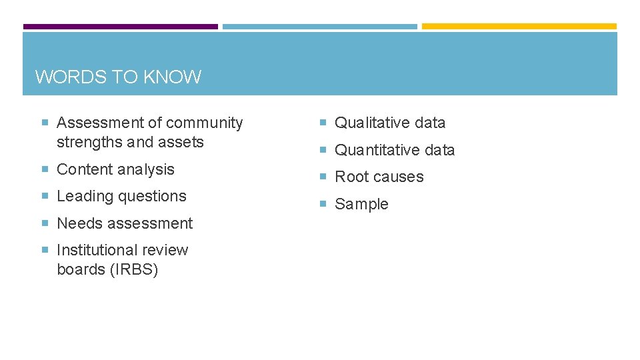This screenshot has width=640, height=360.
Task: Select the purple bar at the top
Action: click(x=121, y=27)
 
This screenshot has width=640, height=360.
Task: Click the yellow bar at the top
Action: click(x=519, y=27)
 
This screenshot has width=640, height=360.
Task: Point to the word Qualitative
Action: click(x=371, y=123)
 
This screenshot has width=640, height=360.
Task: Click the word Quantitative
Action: click(x=376, y=150)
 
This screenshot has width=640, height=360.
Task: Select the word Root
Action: click(x=349, y=177)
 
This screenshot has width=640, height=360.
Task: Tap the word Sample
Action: click(x=361, y=204)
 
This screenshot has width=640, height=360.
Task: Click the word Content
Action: click(x=84, y=169)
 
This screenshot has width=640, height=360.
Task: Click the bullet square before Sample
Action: click(x=322, y=204)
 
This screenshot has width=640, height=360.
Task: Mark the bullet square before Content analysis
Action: click(x=45, y=169)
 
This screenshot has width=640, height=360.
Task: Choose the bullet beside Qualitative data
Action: click(x=322, y=123)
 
